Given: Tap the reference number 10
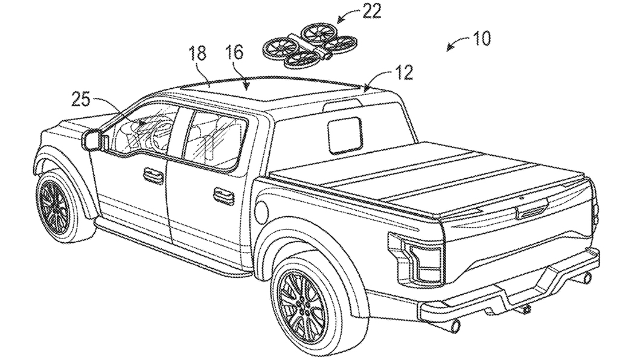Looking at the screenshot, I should coord(479,39).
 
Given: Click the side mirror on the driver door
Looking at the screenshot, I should coord(92,139).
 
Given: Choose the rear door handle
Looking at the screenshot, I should coord(225,193).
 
